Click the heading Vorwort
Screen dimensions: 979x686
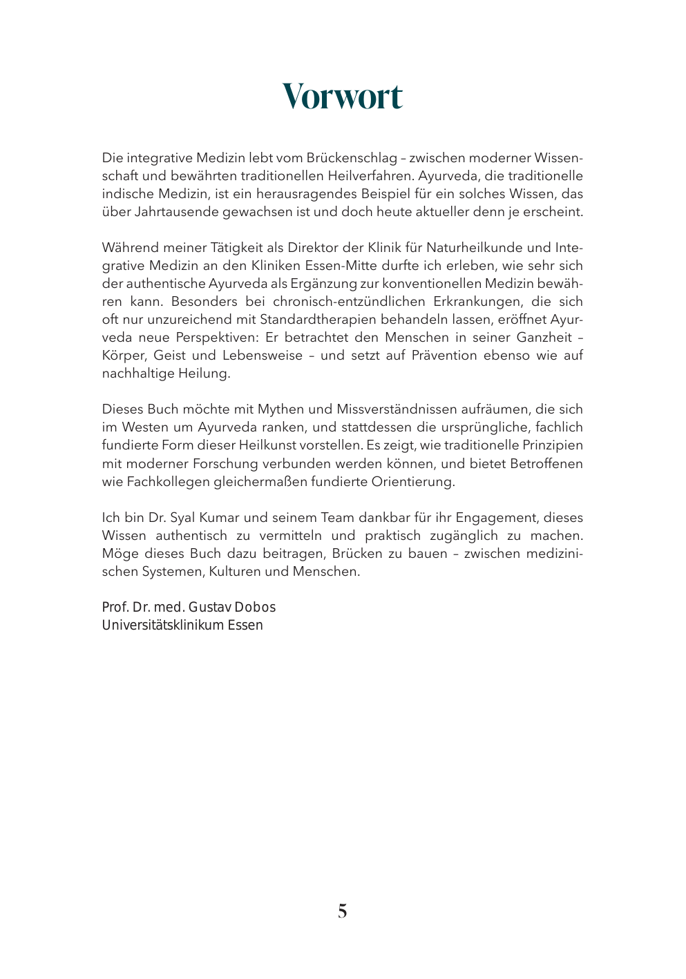pyautogui.click(x=342, y=96)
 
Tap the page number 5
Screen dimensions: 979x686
pyautogui.click(x=343, y=911)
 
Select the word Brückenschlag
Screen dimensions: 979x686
pyautogui.click(x=352, y=158)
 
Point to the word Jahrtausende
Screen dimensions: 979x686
pyautogui.click(x=176, y=212)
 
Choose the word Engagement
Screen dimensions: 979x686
pyautogui.click(x=495, y=518)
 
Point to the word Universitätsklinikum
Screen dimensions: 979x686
pyautogui.click(x=162, y=626)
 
